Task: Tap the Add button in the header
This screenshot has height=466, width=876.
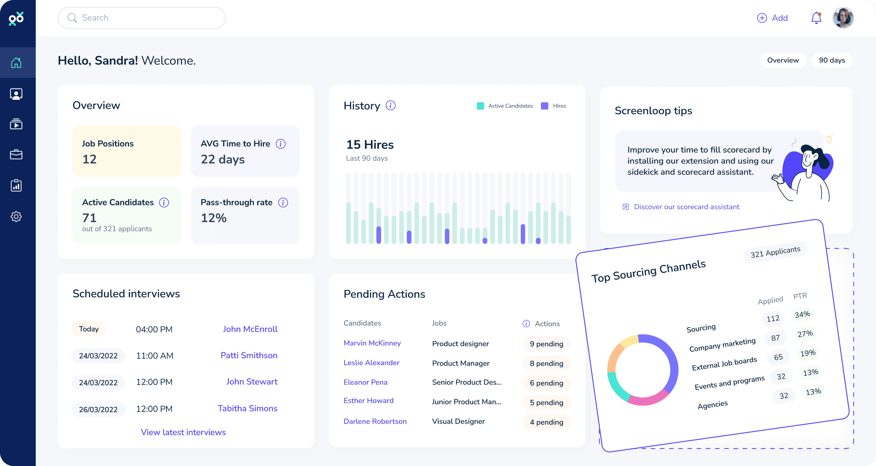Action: point(773,18)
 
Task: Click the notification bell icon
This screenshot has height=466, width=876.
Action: point(816,18)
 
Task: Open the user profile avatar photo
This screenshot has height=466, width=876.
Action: point(843,18)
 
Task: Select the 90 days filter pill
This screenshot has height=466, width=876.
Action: point(832,60)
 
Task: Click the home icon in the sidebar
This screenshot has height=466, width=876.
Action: point(16,63)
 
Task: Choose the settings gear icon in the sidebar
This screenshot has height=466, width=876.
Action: point(16,216)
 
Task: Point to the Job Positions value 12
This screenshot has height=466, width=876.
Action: point(89,159)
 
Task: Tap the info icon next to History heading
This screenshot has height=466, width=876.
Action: point(390,106)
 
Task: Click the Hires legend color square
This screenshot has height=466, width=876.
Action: point(545,106)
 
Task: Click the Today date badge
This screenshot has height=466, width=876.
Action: point(89,329)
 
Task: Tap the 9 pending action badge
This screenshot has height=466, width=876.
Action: point(546,344)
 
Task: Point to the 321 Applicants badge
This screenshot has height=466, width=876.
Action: point(775,252)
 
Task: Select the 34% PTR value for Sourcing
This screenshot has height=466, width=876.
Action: point(802,314)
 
